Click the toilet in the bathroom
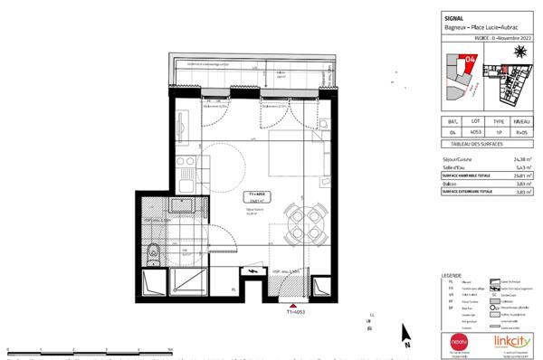[155, 249]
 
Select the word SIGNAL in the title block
[455, 16]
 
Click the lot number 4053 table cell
[474, 132]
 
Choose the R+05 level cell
[520, 132]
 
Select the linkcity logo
[512, 341]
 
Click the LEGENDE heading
[451, 274]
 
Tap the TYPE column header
[498, 118]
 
